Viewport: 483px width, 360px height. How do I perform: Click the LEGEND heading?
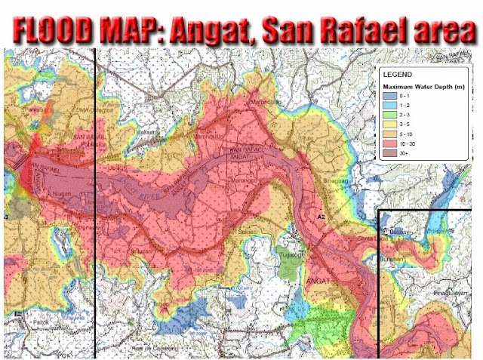(x=397, y=75)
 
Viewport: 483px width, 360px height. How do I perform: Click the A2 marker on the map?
(x=320, y=217)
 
